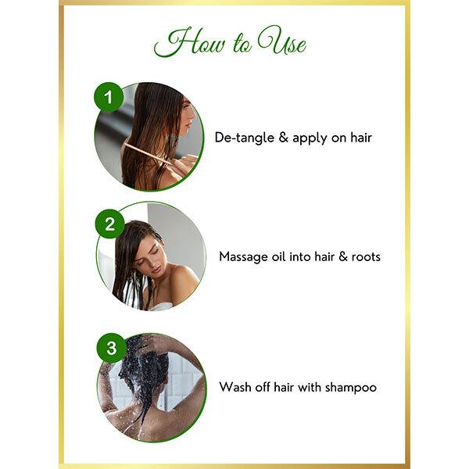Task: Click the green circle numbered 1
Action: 109,99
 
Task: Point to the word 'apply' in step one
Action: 310,138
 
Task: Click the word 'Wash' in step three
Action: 235,387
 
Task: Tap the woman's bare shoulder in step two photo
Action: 183,282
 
